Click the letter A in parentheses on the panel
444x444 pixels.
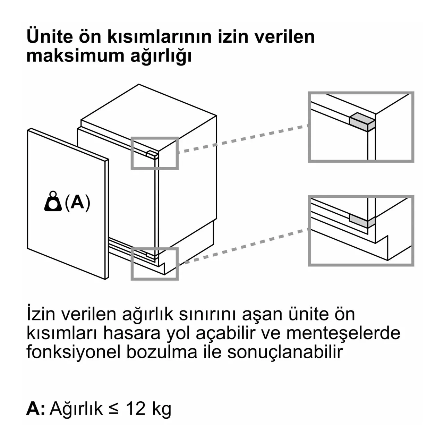pos(77,202)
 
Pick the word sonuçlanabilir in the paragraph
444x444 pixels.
pos(285,352)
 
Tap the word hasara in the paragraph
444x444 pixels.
pos(131,333)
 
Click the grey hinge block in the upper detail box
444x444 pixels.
pos(362,122)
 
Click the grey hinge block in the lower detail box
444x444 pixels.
pos(362,221)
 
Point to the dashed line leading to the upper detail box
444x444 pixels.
pos(243,139)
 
